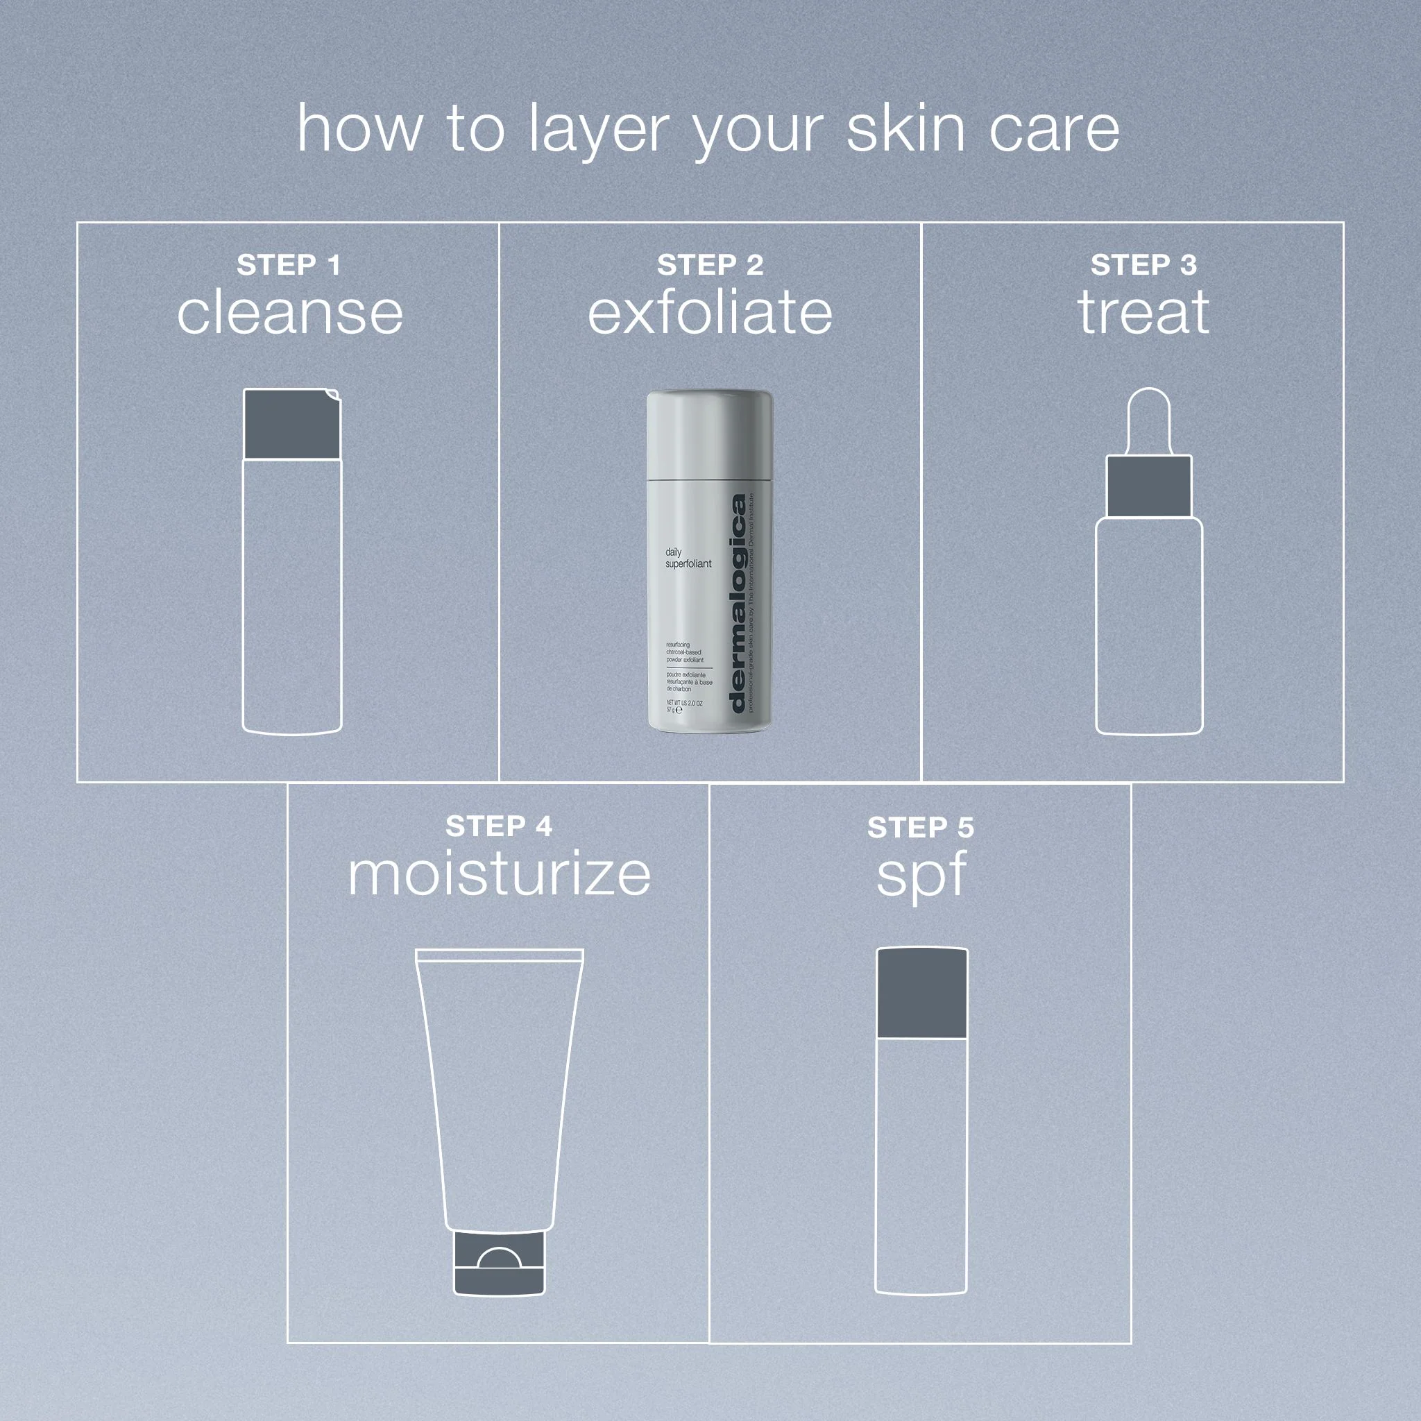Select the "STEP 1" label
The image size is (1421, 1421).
pyautogui.click(x=289, y=266)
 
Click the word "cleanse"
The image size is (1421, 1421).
pyautogui.click(x=290, y=314)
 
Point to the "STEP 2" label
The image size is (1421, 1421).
pyautogui.click(x=710, y=266)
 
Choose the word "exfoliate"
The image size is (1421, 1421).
pyautogui.click(x=710, y=314)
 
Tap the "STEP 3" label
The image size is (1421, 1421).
pyautogui.click(x=1143, y=266)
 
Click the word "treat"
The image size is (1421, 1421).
pyautogui.click(x=1143, y=314)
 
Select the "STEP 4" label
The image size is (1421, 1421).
pyautogui.click(x=499, y=826)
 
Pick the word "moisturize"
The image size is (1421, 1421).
pyautogui.click(x=499, y=875)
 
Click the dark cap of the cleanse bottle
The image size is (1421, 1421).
pyautogui.click(x=291, y=425)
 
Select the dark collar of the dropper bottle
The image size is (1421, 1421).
pyautogui.click(x=1148, y=486)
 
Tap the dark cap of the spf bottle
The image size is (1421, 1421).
pyautogui.click(x=921, y=993)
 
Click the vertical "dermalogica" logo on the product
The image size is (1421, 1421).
pyautogui.click(x=738, y=603)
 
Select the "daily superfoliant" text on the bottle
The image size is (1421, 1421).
pyautogui.click(x=688, y=558)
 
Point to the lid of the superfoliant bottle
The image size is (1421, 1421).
pyautogui.click(x=709, y=434)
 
